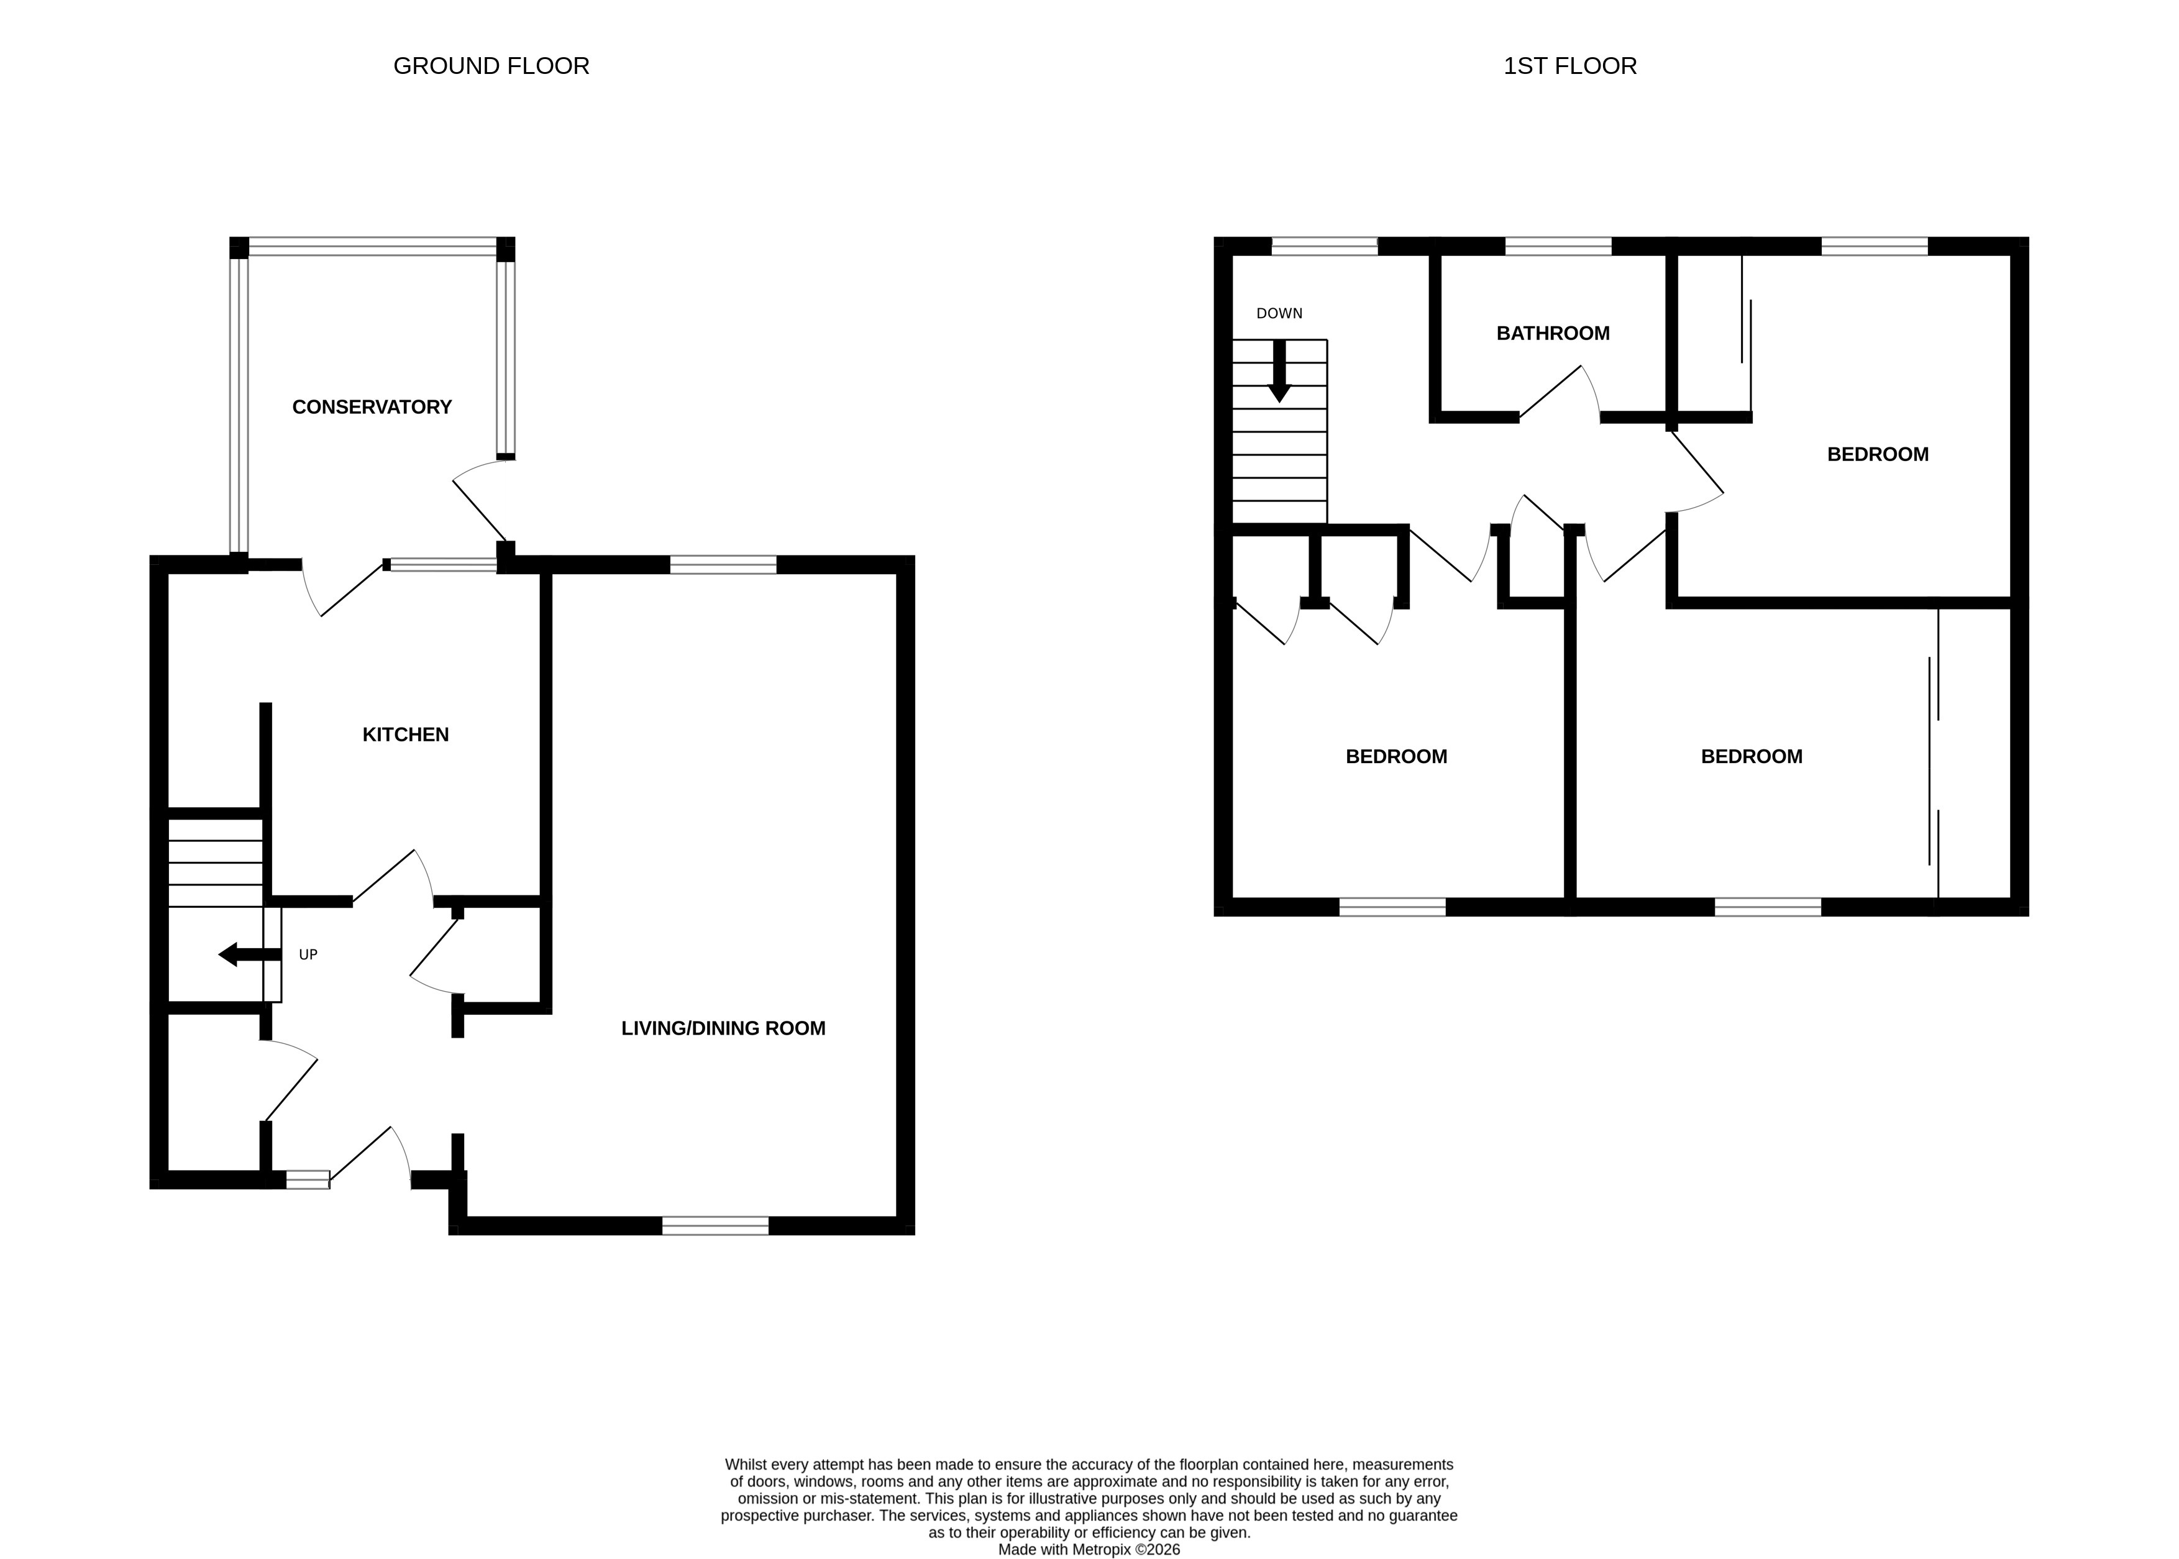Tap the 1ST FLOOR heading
1569,66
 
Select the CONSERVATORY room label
372,407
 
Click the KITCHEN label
405,734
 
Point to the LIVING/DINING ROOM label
723,1028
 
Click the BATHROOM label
1552,333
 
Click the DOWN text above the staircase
1279,313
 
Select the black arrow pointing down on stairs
1279,372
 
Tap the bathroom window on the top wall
1557,247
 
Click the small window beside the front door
307,1180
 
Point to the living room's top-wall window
722,564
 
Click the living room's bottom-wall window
715,1225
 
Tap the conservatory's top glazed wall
372,247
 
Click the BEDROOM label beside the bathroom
1876,454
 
